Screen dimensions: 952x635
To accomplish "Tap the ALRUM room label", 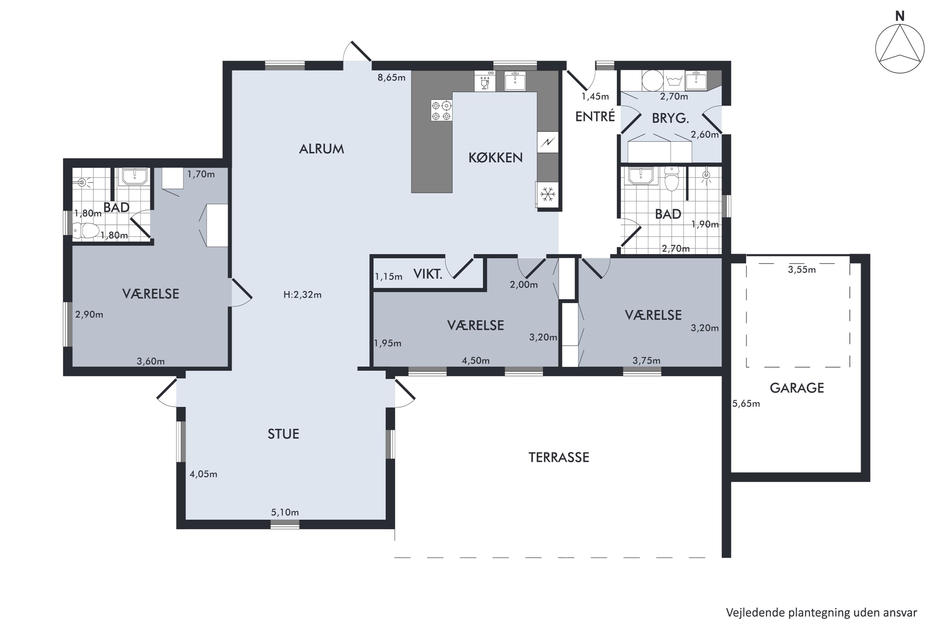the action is pos(321,149).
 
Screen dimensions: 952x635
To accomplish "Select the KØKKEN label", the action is pos(495,157).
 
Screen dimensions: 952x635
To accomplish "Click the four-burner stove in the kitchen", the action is pos(441,110).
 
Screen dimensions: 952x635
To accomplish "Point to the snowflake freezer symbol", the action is pos(548,194).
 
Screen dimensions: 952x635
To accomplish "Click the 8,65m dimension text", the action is pos(391,77).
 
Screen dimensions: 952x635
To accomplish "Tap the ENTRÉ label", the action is pos(595,116).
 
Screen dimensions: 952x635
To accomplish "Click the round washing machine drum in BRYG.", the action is pos(652,81).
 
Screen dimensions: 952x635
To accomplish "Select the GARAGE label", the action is pos(797,388).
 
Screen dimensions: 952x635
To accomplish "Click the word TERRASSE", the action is pos(559,458).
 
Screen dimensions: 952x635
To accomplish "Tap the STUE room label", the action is pos(283,434).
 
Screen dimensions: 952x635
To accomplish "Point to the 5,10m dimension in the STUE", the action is pos(285,512).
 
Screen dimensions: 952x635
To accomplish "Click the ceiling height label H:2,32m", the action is pos(302,295).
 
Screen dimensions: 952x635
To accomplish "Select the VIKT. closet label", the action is pos(427,274).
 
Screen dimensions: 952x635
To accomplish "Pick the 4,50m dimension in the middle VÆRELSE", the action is pos(476,360).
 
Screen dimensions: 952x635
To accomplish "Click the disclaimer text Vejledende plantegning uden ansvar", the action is pos(822,613).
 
